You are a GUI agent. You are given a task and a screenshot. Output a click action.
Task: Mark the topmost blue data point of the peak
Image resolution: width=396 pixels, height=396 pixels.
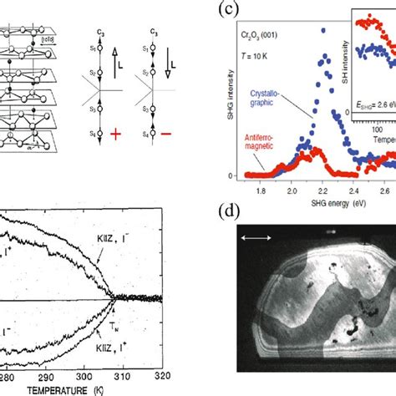[x=322, y=35]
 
